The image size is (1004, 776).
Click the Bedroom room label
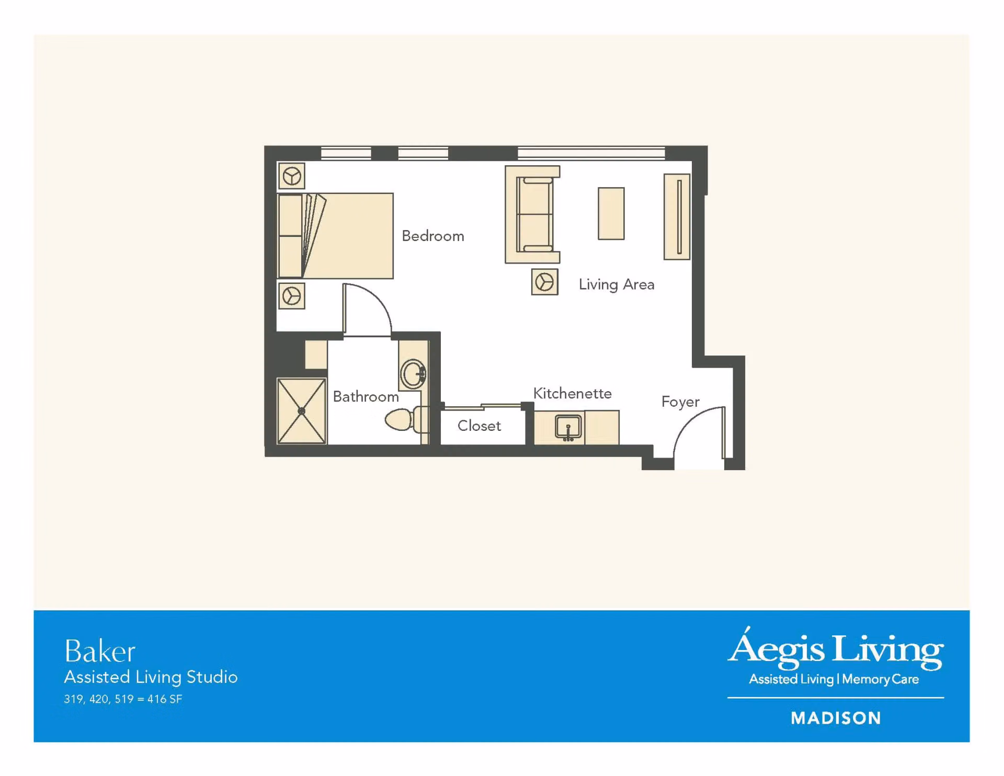(432, 236)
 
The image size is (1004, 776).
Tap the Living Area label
(617, 284)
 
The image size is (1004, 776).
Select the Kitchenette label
(572, 393)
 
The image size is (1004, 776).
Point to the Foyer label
(680, 402)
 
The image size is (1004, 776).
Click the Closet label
(479, 426)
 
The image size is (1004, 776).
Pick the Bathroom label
(366, 396)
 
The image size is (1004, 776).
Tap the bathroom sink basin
(414, 374)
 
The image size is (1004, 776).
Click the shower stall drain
(301, 411)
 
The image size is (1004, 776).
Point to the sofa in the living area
(532, 214)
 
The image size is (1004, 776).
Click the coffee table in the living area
(611, 213)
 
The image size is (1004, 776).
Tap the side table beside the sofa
(544, 282)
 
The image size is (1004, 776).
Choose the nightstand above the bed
(292, 176)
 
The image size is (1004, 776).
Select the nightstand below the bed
(292, 296)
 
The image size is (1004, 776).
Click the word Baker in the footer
(100, 652)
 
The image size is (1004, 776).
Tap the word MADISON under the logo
(836, 718)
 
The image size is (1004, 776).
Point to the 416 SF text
(165, 699)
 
